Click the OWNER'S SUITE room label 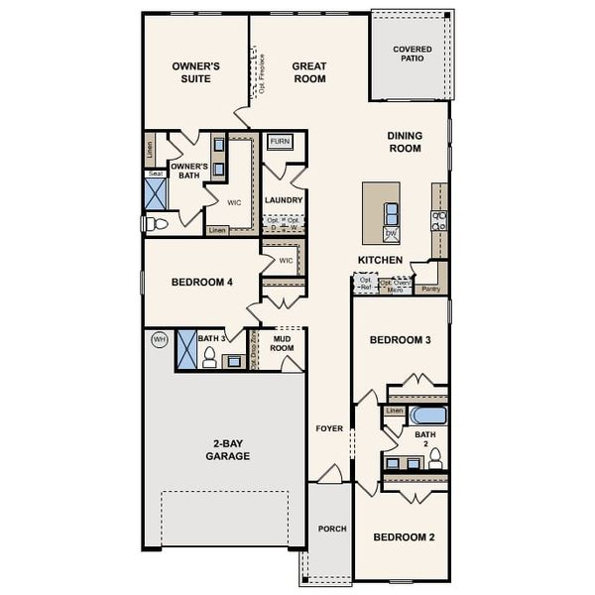(195, 72)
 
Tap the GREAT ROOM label (309, 72)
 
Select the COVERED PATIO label (413, 56)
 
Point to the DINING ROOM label (405, 143)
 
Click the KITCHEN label (381, 261)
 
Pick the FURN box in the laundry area (280, 142)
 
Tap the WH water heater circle (159, 339)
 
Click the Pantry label (429, 289)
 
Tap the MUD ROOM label (283, 343)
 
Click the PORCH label (332, 529)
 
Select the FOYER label (329, 429)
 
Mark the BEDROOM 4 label (201, 283)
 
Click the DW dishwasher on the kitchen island (391, 233)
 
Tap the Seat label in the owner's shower (155, 174)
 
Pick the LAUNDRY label (284, 200)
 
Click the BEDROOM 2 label (404, 536)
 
